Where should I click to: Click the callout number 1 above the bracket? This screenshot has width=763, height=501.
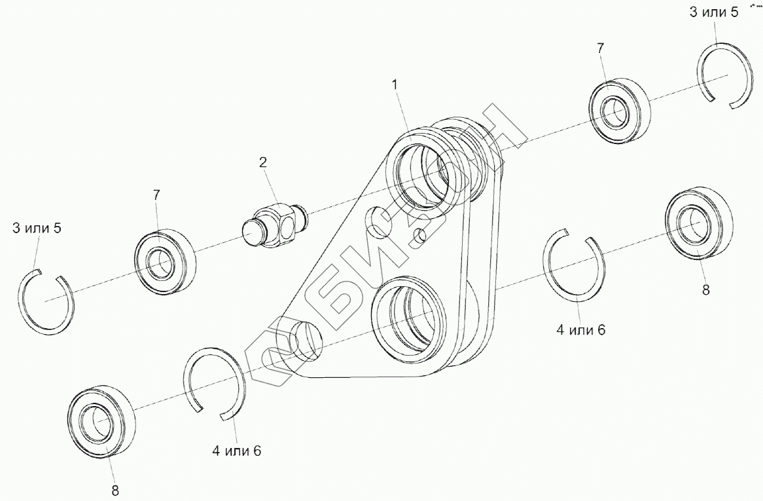click(x=395, y=84)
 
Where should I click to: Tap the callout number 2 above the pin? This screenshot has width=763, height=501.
click(x=262, y=162)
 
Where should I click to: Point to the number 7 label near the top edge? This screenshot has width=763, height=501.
click(x=601, y=48)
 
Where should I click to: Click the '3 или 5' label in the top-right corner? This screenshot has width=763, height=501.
click(x=715, y=13)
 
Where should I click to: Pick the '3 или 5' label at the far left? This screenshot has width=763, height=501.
click(x=37, y=228)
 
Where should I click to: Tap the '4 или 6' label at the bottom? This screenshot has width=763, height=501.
click(x=236, y=451)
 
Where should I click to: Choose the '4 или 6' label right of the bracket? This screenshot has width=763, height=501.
click(x=581, y=330)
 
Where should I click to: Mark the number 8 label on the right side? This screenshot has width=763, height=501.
click(x=705, y=290)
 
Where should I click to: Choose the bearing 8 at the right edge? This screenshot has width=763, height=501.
click(x=697, y=223)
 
